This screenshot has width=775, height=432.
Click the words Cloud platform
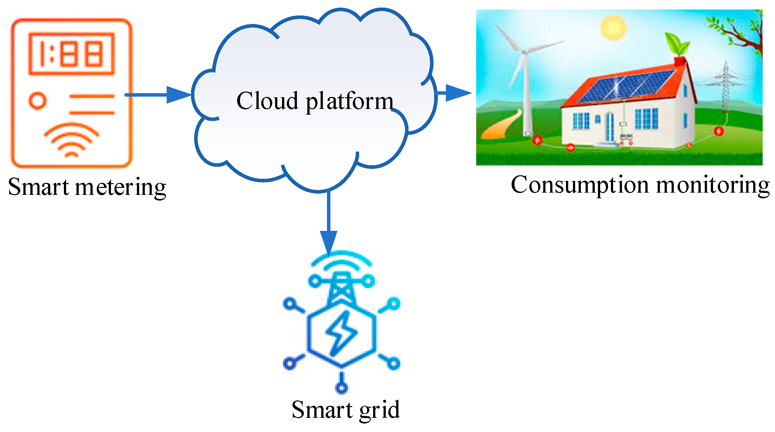(x=315, y=101)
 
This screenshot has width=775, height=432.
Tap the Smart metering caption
(x=87, y=187)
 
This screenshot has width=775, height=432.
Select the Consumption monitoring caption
(x=640, y=185)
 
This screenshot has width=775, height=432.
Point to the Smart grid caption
(x=346, y=410)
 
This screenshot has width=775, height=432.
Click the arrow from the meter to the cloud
(x=158, y=95)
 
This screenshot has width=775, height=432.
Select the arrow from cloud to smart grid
(x=329, y=221)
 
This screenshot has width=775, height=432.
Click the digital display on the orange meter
(x=71, y=54)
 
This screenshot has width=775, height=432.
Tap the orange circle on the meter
(x=38, y=101)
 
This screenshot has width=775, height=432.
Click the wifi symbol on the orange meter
(x=71, y=141)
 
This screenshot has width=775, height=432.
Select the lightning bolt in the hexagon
(x=341, y=333)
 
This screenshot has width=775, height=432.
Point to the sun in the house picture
(x=613, y=27)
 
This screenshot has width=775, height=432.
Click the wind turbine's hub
(x=524, y=52)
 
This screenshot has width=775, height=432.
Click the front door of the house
(x=610, y=128)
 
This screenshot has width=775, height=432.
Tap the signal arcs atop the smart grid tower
(x=341, y=261)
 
